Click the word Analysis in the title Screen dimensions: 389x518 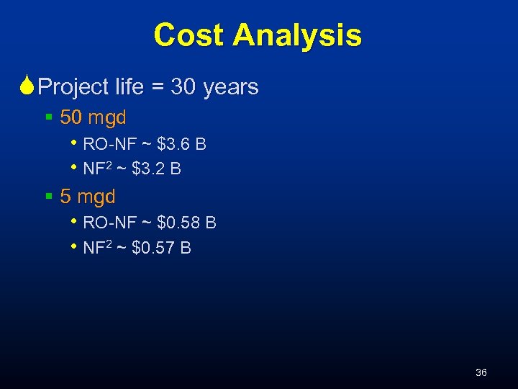point(302,35)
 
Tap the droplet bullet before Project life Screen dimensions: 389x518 point(27,87)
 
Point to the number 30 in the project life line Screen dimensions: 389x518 point(184,87)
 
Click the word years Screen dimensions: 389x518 point(231,87)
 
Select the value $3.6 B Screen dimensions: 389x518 point(181,144)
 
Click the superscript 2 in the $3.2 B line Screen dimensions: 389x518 point(110,165)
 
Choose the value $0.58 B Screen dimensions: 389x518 point(186,223)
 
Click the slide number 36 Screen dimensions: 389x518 point(481,372)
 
